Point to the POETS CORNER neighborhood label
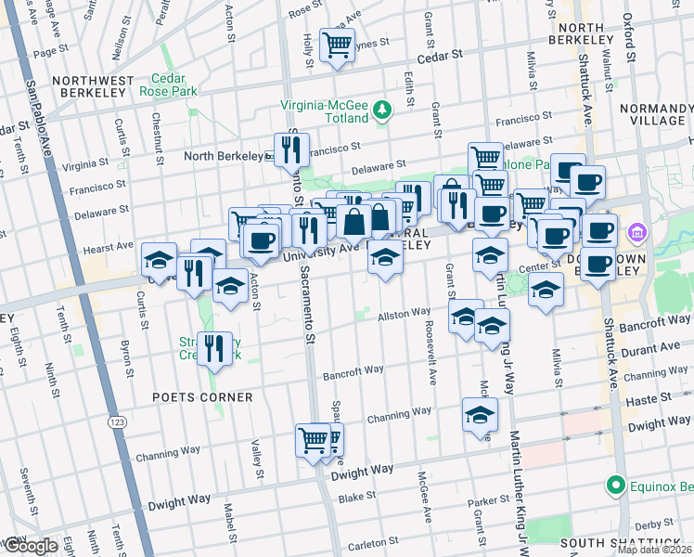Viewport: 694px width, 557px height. (x=203, y=397)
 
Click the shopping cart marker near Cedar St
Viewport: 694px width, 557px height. (x=337, y=45)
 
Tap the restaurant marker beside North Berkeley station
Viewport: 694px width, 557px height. (x=292, y=149)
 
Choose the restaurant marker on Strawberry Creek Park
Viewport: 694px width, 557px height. (x=215, y=349)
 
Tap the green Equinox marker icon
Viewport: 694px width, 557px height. (x=614, y=486)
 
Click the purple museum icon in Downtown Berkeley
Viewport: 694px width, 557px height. (x=637, y=231)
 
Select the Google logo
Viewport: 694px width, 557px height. (x=30, y=547)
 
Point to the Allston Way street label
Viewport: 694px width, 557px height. (x=404, y=315)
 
